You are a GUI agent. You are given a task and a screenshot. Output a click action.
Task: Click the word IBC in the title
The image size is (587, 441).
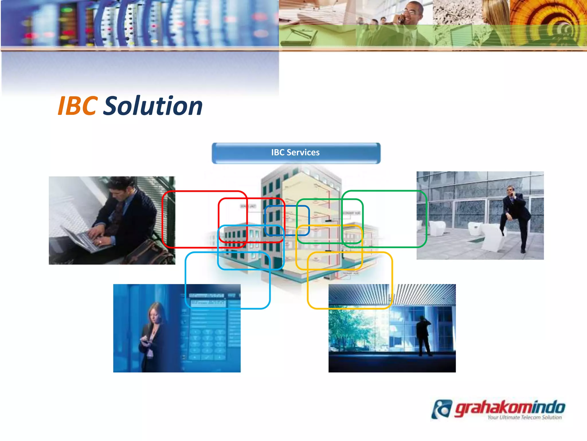[x=78, y=106]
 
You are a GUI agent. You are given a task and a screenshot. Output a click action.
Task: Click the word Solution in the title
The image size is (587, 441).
[x=153, y=106]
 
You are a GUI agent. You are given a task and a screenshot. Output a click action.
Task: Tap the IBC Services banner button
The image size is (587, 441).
[x=296, y=153]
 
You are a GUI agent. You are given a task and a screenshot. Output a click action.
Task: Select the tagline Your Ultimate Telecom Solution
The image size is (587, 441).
[x=525, y=417]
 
